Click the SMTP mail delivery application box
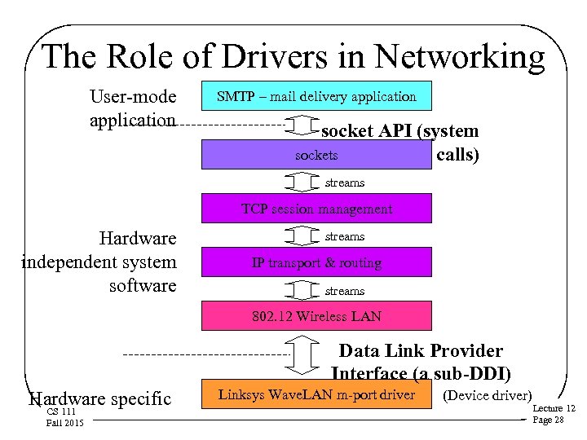click(316, 96)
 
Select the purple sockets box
click(316, 155)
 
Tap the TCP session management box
click(316, 209)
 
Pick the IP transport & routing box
click(316, 263)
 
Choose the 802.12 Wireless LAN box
click(316, 316)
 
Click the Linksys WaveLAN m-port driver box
click(316, 396)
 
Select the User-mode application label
click(133, 108)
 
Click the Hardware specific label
click(100, 398)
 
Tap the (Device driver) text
click(488, 396)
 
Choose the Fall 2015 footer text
click(65, 422)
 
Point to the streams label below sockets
click(345, 183)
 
